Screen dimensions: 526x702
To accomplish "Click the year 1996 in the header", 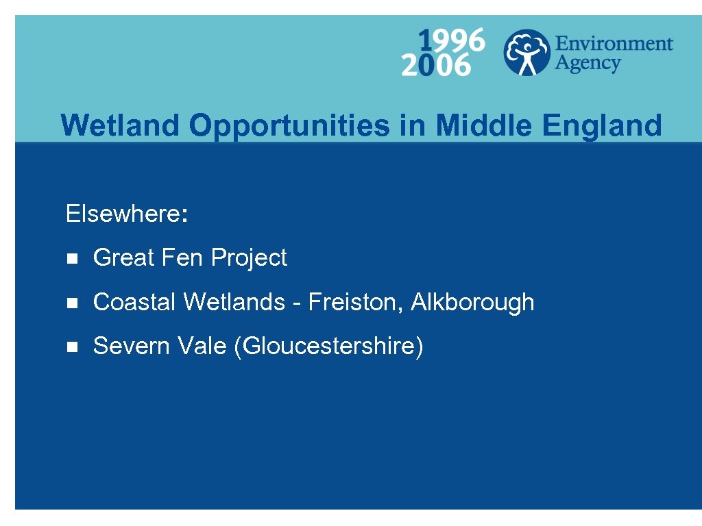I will [x=451, y=40].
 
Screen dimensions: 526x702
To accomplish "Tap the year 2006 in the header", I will [x=436, y=66].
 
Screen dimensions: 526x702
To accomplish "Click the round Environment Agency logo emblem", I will [x=526, y=52].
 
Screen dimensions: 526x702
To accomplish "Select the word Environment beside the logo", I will [x=614, y=44].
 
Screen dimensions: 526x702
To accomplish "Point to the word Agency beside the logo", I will [x=588, y=64].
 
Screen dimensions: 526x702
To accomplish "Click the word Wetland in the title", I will [x=121, y=125].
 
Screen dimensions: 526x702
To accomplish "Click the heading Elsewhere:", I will [x=126, y=214].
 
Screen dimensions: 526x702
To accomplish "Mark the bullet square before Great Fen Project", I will [x=71, y=259].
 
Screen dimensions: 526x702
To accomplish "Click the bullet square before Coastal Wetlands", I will [x=71, y=303].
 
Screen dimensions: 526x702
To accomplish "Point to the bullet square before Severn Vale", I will [x=71, y=347].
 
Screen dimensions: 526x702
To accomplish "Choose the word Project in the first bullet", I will [x=249, y=259].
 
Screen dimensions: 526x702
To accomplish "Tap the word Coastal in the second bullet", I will [x=135, y=302].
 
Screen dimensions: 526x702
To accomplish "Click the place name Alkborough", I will [x=472, y=303].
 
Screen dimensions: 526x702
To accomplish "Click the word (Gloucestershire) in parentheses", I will [x=328, y=347].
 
